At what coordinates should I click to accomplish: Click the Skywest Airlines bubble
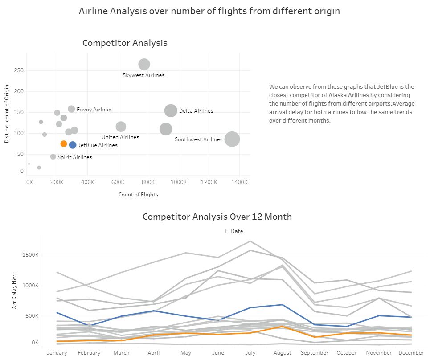(144, 64)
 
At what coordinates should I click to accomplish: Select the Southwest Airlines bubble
(232, 139)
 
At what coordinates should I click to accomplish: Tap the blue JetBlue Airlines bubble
(73, 144)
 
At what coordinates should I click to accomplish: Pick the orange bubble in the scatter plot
(64, 143)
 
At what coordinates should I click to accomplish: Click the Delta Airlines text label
(196, 111)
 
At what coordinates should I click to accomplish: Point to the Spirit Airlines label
(75, 157)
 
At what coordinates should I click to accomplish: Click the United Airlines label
(120, 137)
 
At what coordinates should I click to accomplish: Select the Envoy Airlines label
(94, 110)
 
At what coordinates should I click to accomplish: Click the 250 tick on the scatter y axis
(19, 70)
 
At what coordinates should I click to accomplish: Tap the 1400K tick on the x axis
(239, 182)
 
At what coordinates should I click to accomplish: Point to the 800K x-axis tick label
(148, 182)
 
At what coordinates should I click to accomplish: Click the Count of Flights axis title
(138, 195)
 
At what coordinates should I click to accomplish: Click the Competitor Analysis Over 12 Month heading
(217, 217)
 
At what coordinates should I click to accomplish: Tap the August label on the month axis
(283, 353)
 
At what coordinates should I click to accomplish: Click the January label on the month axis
(57, 353)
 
